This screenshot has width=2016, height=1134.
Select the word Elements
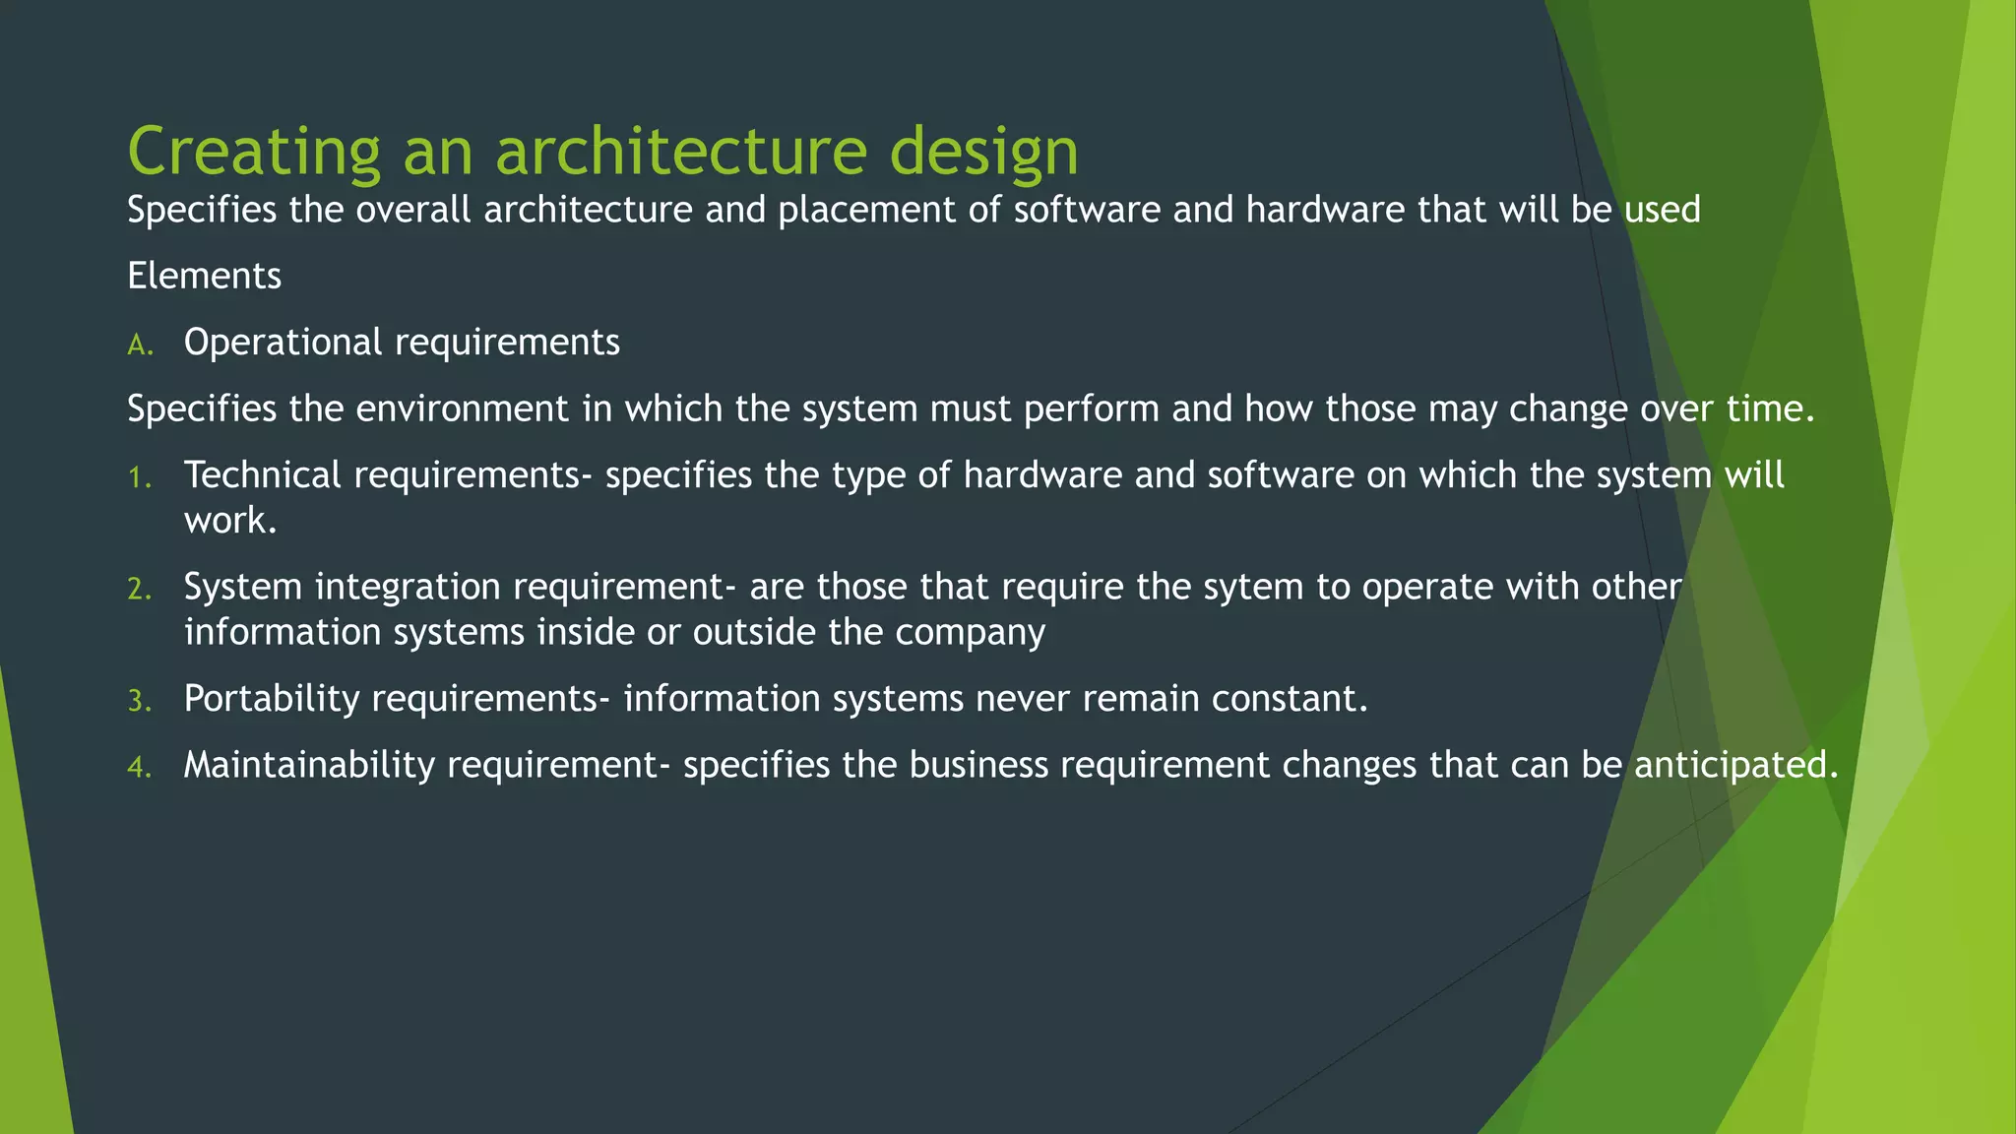click(x=204, y=276)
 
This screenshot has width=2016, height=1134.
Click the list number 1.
click(x=139, y=478)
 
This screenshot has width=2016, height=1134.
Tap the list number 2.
click(x=139, y=590)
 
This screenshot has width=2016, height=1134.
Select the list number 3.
click(x=139, y=701)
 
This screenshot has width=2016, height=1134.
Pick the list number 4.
click(x=139, y=768)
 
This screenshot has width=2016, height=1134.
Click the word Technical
click(x=262, y=475)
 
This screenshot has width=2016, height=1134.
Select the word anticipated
click(x=1735, y=765)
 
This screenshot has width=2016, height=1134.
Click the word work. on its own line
click(x=230, y=521)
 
